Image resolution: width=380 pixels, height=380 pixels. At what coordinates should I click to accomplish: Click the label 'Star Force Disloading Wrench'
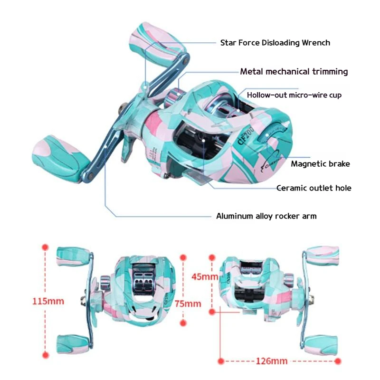coord(275,43)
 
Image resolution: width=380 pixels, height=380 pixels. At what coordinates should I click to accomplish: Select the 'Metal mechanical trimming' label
coord(294,72)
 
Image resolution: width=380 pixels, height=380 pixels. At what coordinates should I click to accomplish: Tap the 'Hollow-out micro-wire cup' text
coord(294,95)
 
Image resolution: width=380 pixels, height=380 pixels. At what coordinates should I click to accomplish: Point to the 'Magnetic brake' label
coord(320,164)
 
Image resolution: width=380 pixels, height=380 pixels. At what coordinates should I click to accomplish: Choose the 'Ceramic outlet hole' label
coord(314,188)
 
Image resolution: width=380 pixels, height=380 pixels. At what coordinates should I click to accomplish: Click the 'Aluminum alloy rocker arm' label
coord(266,216)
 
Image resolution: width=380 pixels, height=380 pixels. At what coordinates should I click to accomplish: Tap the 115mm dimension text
coord(48,301)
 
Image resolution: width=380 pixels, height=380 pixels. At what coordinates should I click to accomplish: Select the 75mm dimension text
coord(188,304)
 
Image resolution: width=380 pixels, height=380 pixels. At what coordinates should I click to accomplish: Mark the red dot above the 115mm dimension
coord(45,247)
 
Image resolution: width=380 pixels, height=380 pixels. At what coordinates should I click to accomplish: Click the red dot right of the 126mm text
coord(338,361)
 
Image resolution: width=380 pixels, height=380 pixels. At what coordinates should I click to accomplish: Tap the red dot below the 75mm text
coord(184,323)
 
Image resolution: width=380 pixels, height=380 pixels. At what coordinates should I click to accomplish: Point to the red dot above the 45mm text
coord(212,256)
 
